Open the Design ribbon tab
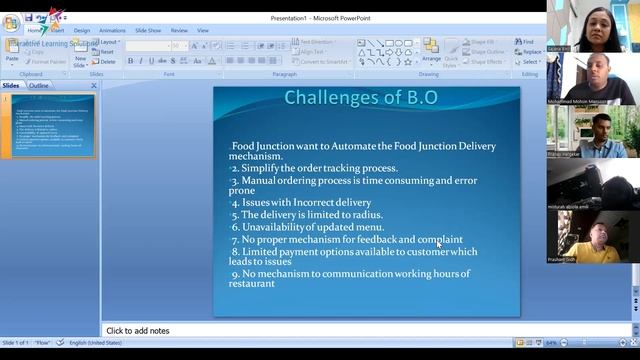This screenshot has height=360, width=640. [81, 30]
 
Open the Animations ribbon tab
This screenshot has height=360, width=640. [112, 30]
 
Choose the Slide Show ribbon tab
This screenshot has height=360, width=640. [147, 30]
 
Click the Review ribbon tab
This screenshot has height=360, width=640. [179, 30]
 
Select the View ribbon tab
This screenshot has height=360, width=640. [203, 30]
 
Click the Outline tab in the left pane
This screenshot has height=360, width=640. [39, 86]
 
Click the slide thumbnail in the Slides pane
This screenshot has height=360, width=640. [53, 125]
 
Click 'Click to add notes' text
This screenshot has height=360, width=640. [138, 330]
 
